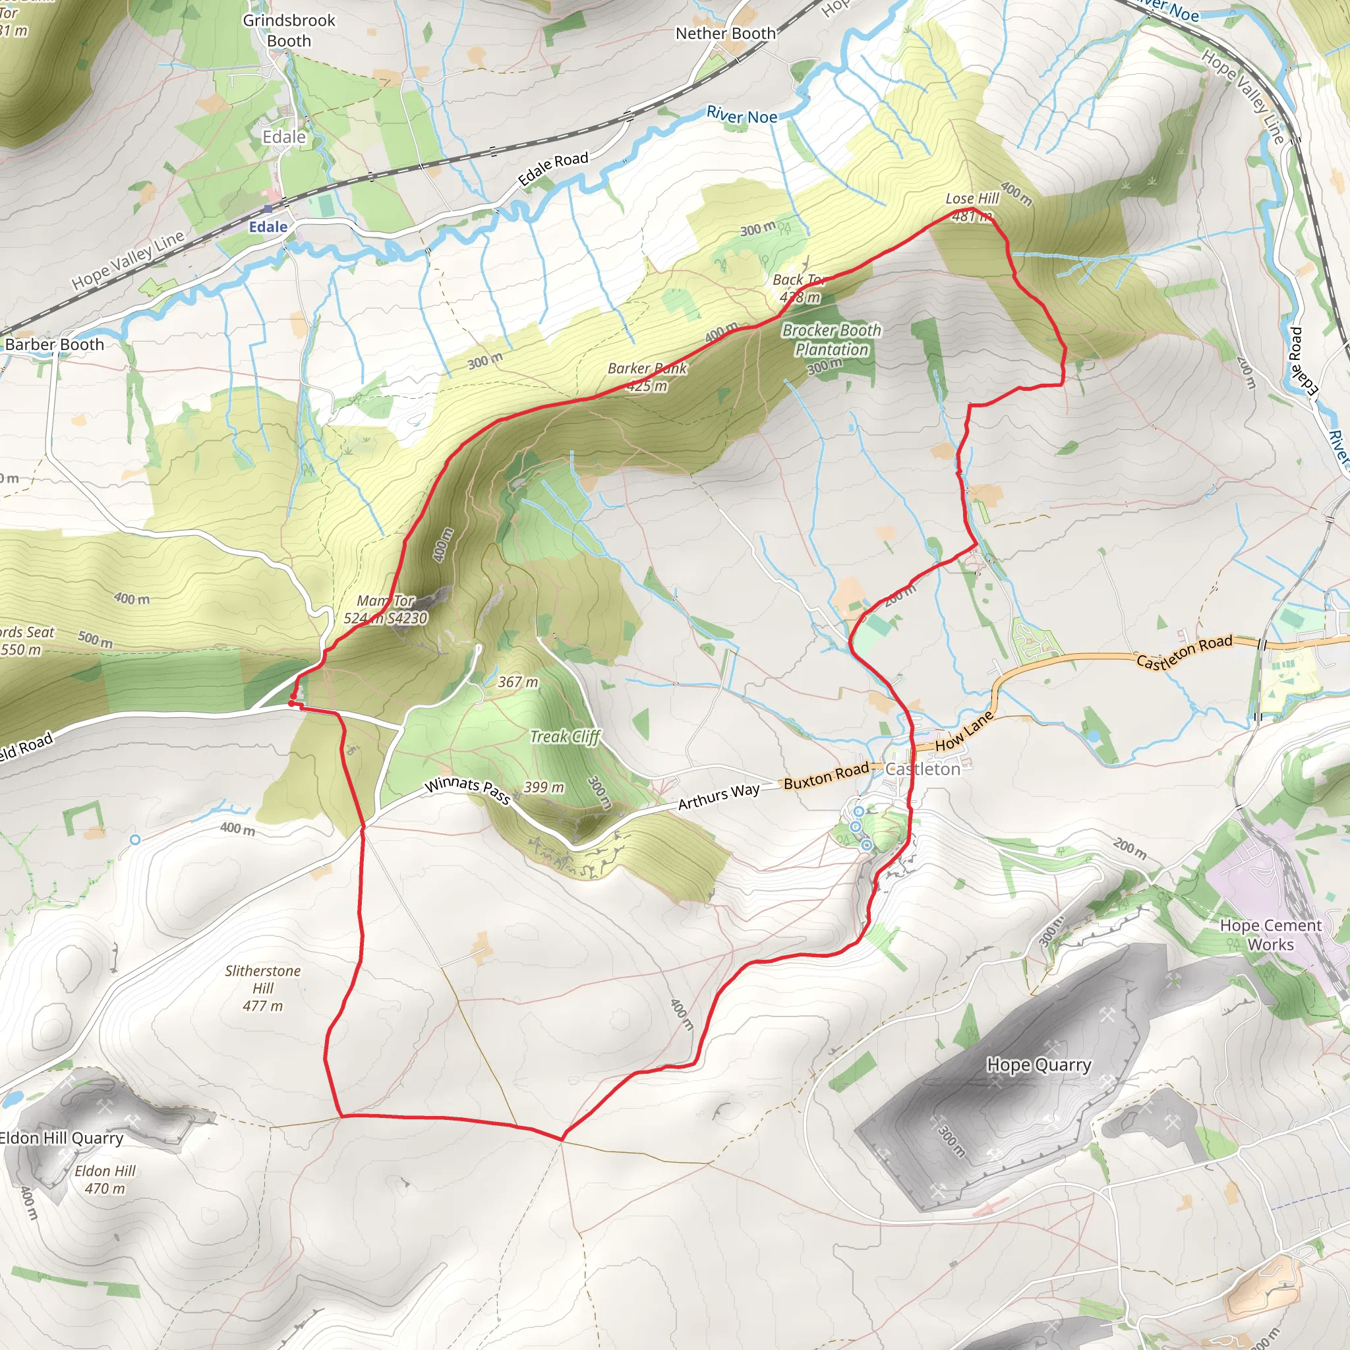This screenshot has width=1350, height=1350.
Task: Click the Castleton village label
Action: (x=922, y=769)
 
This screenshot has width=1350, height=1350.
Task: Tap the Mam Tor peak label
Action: (x=386, y=601)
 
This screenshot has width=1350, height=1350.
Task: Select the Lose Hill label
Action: (x=972, y=199)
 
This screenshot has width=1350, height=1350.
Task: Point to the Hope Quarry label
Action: (x=1038, y=1065)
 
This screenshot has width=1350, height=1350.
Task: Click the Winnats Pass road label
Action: (x=467, y=790)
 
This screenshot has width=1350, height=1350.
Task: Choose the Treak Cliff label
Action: (x=565, y=737)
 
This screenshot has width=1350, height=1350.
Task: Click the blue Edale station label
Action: (x=268, y=227)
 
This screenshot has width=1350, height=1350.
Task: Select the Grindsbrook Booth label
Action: (x=289, y=31)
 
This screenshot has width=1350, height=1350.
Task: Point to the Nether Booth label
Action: (x=725, y=34)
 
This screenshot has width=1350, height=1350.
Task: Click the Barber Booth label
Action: (x=55, y=345)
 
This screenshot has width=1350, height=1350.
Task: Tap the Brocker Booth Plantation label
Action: (x=831, y=339)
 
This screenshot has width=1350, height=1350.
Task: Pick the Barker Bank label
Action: (x=647, y=368)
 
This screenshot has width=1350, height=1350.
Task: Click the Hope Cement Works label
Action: (x=1270, y=935)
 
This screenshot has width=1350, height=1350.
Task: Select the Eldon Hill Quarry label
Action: (x=61, y=1138)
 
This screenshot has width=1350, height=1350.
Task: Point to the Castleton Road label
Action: (x=1184, y=651)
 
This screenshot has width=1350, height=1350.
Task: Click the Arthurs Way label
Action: (x=719, y=796)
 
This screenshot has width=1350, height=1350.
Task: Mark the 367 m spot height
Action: (x=517, y=682)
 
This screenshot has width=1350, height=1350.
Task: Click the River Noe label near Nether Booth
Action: (x=742, y=115)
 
